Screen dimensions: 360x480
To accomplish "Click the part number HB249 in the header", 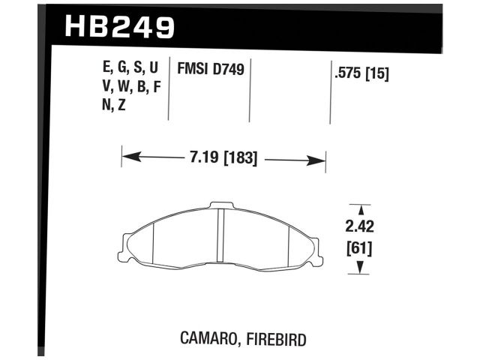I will [x=120, y=27].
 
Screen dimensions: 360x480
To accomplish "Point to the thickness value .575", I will [x=346, y=74].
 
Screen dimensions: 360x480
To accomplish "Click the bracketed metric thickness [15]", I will [x=377, y=74].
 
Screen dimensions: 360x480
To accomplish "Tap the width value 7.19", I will [x=198, y=159].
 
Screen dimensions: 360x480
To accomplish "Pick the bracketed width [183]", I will [x=239, y=159].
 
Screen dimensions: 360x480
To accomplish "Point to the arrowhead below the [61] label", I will [x=361, y=268].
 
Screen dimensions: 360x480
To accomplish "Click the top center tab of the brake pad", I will [x=221, y=205].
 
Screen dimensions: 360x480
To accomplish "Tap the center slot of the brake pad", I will [x=221, y=236].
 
